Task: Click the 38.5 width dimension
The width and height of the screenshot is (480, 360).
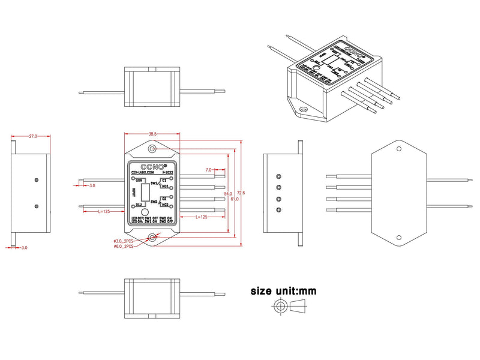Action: [x=152, y=134]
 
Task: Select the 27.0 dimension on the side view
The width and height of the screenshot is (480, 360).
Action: [x=32, y=136]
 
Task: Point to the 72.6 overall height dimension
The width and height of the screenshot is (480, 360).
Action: [x=241, y=192]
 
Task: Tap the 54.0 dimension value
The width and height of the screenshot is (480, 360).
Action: [x=228, y=194]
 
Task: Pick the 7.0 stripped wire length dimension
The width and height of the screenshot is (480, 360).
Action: [x=209, y=170]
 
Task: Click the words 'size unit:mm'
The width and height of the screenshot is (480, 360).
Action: [x=283, y=291]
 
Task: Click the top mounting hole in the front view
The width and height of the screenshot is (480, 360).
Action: [x=153, y=148]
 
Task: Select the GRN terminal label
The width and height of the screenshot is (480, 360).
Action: [x=139, y=180]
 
